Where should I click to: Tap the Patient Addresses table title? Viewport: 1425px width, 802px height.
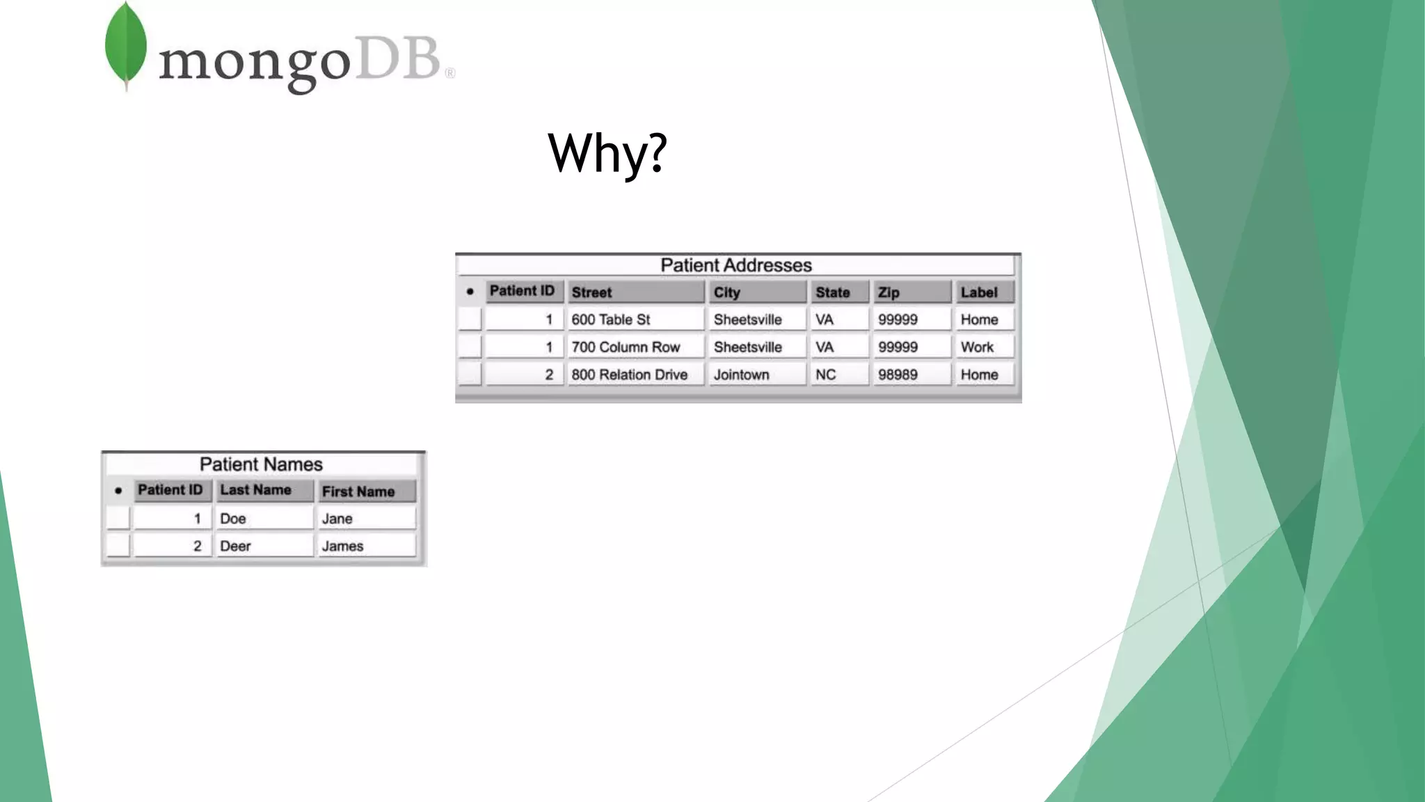(x=736, y=265)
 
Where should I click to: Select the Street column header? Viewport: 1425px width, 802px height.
(x=635, y=292)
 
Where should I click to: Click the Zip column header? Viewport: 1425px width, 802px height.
(x=910, y=292)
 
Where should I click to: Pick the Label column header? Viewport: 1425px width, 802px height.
(x=984, y=292)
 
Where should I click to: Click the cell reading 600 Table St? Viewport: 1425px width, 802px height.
(x=635, y=320)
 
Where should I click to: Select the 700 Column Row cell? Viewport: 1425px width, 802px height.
(x=635, y=347)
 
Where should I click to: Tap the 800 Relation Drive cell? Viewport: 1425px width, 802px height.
(x=635, y=375)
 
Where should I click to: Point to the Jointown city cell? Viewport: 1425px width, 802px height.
(x=756, y=375)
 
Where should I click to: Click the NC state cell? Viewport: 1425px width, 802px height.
(x=838, y=375)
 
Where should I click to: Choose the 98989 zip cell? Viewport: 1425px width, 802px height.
(x=910, y=375)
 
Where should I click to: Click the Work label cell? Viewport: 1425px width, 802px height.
(x=984, y=347)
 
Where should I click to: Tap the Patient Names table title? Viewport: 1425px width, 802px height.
(x=261, y=464)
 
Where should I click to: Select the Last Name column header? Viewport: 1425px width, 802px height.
(x=264, y=490)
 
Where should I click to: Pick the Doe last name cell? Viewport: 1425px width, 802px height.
(x=264, y=519)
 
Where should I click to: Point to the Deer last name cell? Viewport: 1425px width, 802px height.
(x=264, y=547)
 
